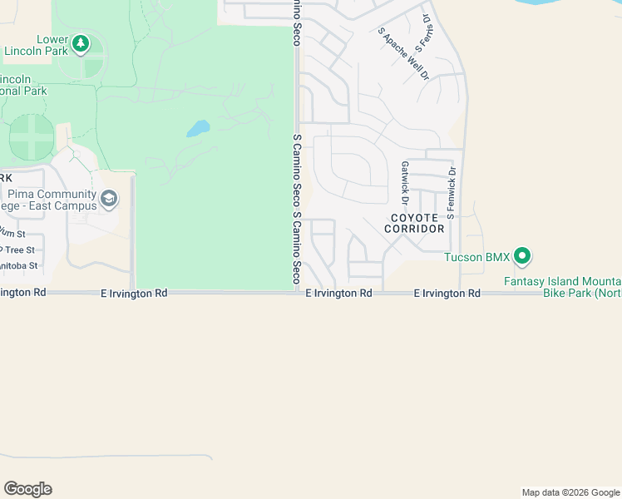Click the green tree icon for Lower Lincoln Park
[80, 43]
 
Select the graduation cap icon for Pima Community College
[109, 199]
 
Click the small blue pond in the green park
[197, 129]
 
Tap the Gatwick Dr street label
[405, 183]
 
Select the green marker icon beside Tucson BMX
[522, 256]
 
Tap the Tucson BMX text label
[476, 257]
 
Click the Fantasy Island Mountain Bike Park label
[562, 287]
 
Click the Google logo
[27, 489]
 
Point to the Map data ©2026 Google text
[570, 492]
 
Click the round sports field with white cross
[31, 137]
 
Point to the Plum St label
[12, 233]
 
